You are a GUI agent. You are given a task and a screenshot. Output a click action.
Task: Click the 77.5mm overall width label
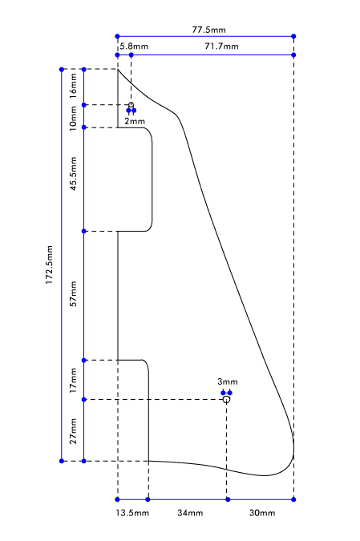pos(208,30)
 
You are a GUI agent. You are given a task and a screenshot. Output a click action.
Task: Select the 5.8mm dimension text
pos(134,46)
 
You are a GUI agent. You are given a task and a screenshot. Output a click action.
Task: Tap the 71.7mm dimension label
pos(221,46)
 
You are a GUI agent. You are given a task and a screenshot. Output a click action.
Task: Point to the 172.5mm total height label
pos(50,264)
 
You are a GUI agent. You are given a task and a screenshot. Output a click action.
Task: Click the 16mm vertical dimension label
pos(73,87)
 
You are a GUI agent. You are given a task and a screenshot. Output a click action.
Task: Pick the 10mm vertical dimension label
pos(73,119)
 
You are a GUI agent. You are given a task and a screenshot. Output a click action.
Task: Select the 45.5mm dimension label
pos(73,174)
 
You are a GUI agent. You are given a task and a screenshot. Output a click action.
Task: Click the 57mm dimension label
pos(73,293)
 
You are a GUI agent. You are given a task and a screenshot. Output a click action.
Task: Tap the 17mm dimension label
pos(73,380)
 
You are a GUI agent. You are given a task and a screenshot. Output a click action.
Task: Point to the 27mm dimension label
pos(73,431)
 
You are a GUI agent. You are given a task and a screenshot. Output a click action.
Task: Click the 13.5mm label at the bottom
pos(132,513)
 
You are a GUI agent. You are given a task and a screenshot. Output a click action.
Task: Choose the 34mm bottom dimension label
pos(190,513)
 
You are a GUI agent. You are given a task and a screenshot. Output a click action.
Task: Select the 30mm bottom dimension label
pos(262,513)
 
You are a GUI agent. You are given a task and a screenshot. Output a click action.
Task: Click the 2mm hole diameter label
pos(135,121)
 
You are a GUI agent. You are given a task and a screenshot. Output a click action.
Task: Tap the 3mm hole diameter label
pos(228,382)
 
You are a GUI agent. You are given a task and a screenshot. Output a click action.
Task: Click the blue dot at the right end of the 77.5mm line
pos(293,36)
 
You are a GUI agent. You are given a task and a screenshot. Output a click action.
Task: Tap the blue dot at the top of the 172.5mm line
pos(62,70)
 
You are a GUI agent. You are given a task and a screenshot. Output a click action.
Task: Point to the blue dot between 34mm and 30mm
pos(228,499)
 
